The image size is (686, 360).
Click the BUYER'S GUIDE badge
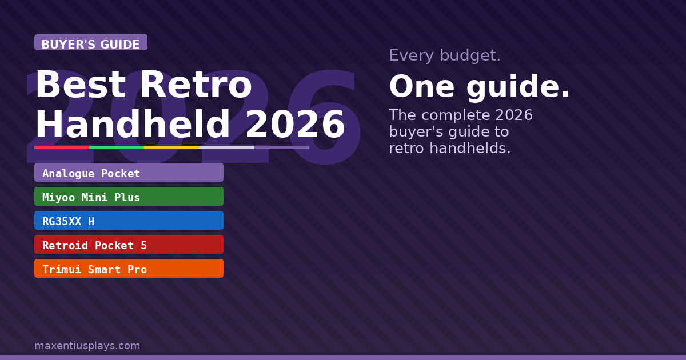pos(90,43)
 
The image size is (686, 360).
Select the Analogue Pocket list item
pos(129,173)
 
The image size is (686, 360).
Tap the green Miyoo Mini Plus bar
pos(129,197)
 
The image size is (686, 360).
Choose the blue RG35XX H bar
pos(129,221)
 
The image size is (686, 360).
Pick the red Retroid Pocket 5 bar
pos(129,245)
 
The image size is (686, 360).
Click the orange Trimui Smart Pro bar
pos(129,269)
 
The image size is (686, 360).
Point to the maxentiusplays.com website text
pos(87,346)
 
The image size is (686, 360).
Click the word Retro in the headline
pos(196,86)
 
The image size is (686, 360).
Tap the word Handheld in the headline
pos(133,125)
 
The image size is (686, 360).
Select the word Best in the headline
pos(80,86)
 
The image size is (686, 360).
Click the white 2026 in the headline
pos(295,125)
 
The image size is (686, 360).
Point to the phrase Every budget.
pos(445,55)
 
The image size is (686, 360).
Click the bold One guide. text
pos(479,87)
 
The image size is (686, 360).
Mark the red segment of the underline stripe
pos(62,147)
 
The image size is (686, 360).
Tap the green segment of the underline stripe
pos(117,147)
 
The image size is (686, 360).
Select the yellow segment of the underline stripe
pos(171,147)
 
